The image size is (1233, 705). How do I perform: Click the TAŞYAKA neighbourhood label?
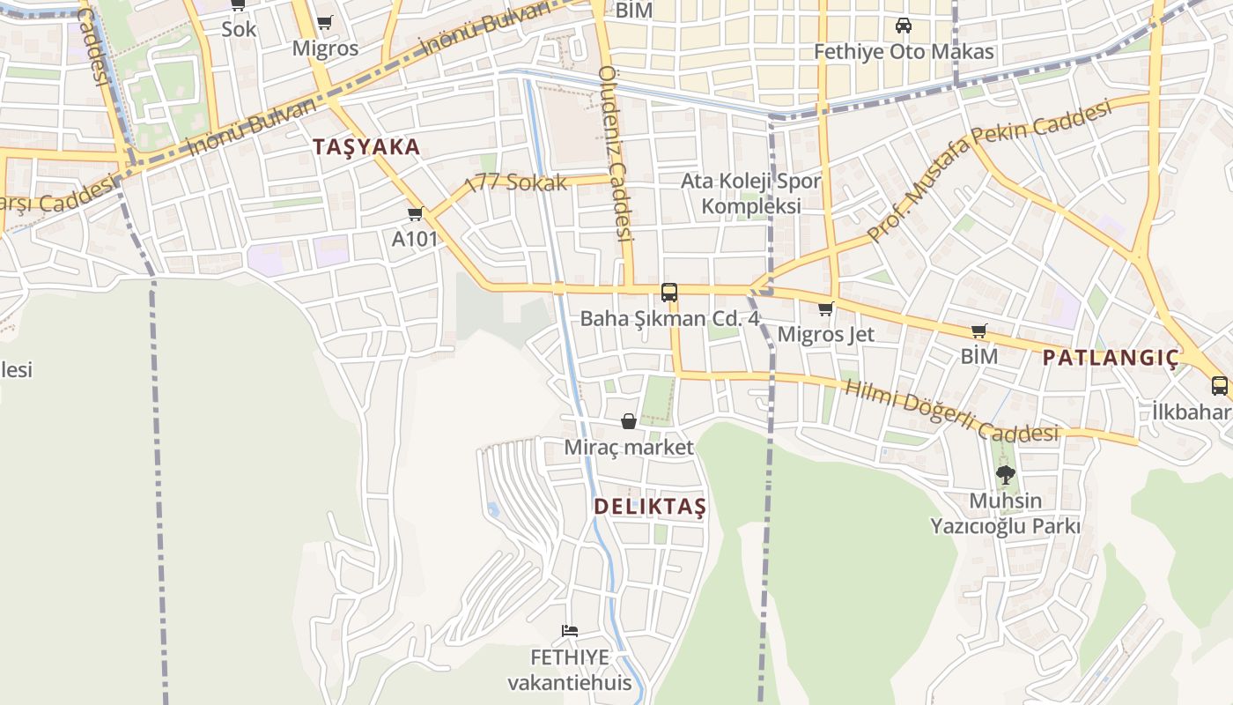point(366,147)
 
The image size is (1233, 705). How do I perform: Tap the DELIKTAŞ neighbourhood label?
point(650,507)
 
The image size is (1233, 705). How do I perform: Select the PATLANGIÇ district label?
point(1111,358)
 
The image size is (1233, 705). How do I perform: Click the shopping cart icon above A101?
point(416,213)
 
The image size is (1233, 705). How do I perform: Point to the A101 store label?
point(415,239)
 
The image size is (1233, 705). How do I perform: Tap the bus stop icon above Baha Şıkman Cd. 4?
point(669,292)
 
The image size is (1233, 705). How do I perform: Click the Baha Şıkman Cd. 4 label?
point(669,319)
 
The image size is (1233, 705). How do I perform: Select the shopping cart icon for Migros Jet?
point(825,308)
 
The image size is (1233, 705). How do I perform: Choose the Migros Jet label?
point(826,334)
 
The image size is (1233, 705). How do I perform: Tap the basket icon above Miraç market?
point(629,421)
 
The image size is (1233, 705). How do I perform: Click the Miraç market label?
point(629,448)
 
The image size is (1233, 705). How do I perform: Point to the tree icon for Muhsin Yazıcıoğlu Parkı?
point(1005,475)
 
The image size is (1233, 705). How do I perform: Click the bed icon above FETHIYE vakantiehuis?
point(570,631)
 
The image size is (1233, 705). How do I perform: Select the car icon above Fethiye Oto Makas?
point(903,26)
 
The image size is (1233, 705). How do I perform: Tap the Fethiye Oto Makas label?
point(904,52)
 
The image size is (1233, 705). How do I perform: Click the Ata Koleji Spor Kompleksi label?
point(751,194)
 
